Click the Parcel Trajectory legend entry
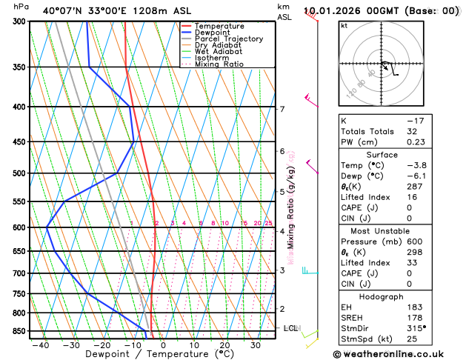tap(228, 39)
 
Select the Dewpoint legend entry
tap(211, 33)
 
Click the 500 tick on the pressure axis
tap(19, 173)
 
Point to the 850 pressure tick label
tap(19, 331)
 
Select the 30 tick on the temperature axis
tap(255, 344)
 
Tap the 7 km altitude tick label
tap(282, 110)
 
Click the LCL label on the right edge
tap(291, 327)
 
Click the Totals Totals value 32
tap(412, 131)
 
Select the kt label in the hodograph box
tap(344, 25)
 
